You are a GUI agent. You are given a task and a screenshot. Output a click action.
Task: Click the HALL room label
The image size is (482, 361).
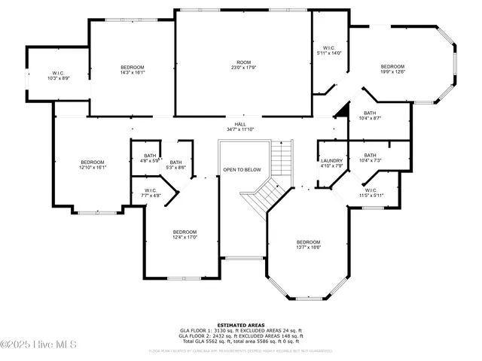pos(240,127)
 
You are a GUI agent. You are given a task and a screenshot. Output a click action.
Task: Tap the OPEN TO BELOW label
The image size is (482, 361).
pos(241,170)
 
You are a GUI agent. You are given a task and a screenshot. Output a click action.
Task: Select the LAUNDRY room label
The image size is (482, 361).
pos(331,163)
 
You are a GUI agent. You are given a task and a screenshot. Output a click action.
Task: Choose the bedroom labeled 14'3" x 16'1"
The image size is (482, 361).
pos(132,71)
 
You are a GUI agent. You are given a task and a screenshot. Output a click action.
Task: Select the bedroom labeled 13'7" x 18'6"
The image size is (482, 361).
pos(309,244)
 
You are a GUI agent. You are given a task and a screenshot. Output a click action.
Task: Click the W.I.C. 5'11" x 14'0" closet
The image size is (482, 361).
pos(328,50)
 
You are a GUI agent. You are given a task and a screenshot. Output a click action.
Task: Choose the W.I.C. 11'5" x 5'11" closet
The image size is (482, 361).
pos(371,193)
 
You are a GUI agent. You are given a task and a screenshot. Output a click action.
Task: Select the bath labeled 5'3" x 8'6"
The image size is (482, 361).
pos(175,165)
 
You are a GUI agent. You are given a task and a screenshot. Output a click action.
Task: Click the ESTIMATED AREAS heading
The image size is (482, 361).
pos(240,325)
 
